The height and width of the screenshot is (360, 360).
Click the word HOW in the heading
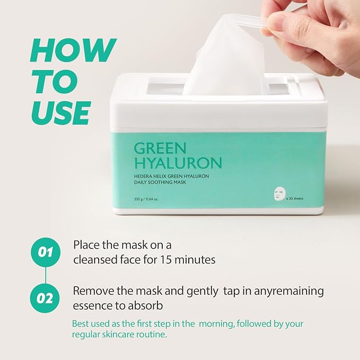pos(74,50)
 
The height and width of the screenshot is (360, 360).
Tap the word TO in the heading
pos(55,82)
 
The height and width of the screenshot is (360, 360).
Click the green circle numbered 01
pos(46,252)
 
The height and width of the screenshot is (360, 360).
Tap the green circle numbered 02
pos(45,298)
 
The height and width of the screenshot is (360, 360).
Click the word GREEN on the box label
pos(160,148)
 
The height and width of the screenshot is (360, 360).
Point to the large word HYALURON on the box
pos(178,163)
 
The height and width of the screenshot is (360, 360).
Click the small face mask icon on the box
pos(279,194)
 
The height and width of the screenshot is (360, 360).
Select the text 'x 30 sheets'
pos(295,198)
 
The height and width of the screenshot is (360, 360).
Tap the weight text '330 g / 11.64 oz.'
pos(146,199)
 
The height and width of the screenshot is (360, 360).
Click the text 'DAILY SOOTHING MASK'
pos(160,182)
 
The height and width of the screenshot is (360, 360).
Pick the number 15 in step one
pos(165,260)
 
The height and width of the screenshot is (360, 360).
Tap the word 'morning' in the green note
pos(216,324)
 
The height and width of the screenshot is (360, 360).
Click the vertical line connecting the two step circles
pos(46,276)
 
